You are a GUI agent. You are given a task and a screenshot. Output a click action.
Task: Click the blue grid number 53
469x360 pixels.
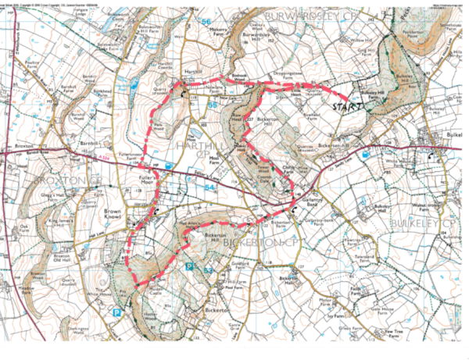[x=208, y=269]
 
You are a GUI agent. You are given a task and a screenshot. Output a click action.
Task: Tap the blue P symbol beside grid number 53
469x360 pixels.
[x=189, y=266]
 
